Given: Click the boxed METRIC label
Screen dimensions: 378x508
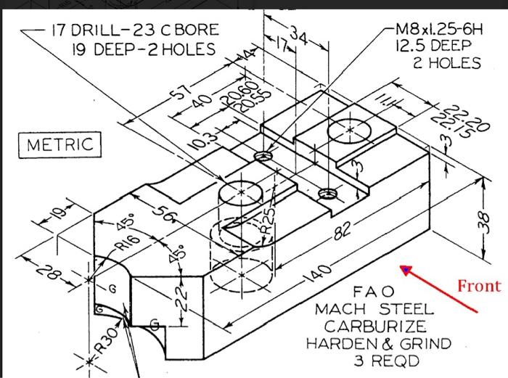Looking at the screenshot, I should [60, 144].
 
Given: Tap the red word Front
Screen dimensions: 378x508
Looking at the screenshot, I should [478, 286].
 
